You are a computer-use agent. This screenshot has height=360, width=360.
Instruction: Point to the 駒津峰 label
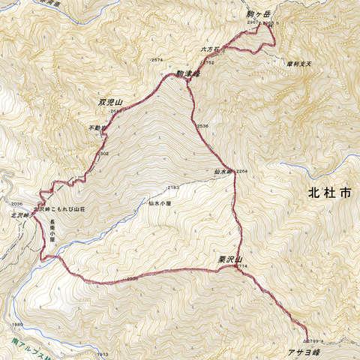click(x=187, y=73)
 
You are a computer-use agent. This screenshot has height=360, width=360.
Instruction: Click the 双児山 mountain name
click(x=109, y=100)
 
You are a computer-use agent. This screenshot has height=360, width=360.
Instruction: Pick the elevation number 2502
click(x=103, y=153)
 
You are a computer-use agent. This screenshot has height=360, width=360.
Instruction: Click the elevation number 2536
click(x=202, y=126)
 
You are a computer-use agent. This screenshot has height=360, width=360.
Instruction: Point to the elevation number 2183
click(x=173, y=187)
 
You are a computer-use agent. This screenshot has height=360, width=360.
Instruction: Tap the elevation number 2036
click(x=17, y=204)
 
